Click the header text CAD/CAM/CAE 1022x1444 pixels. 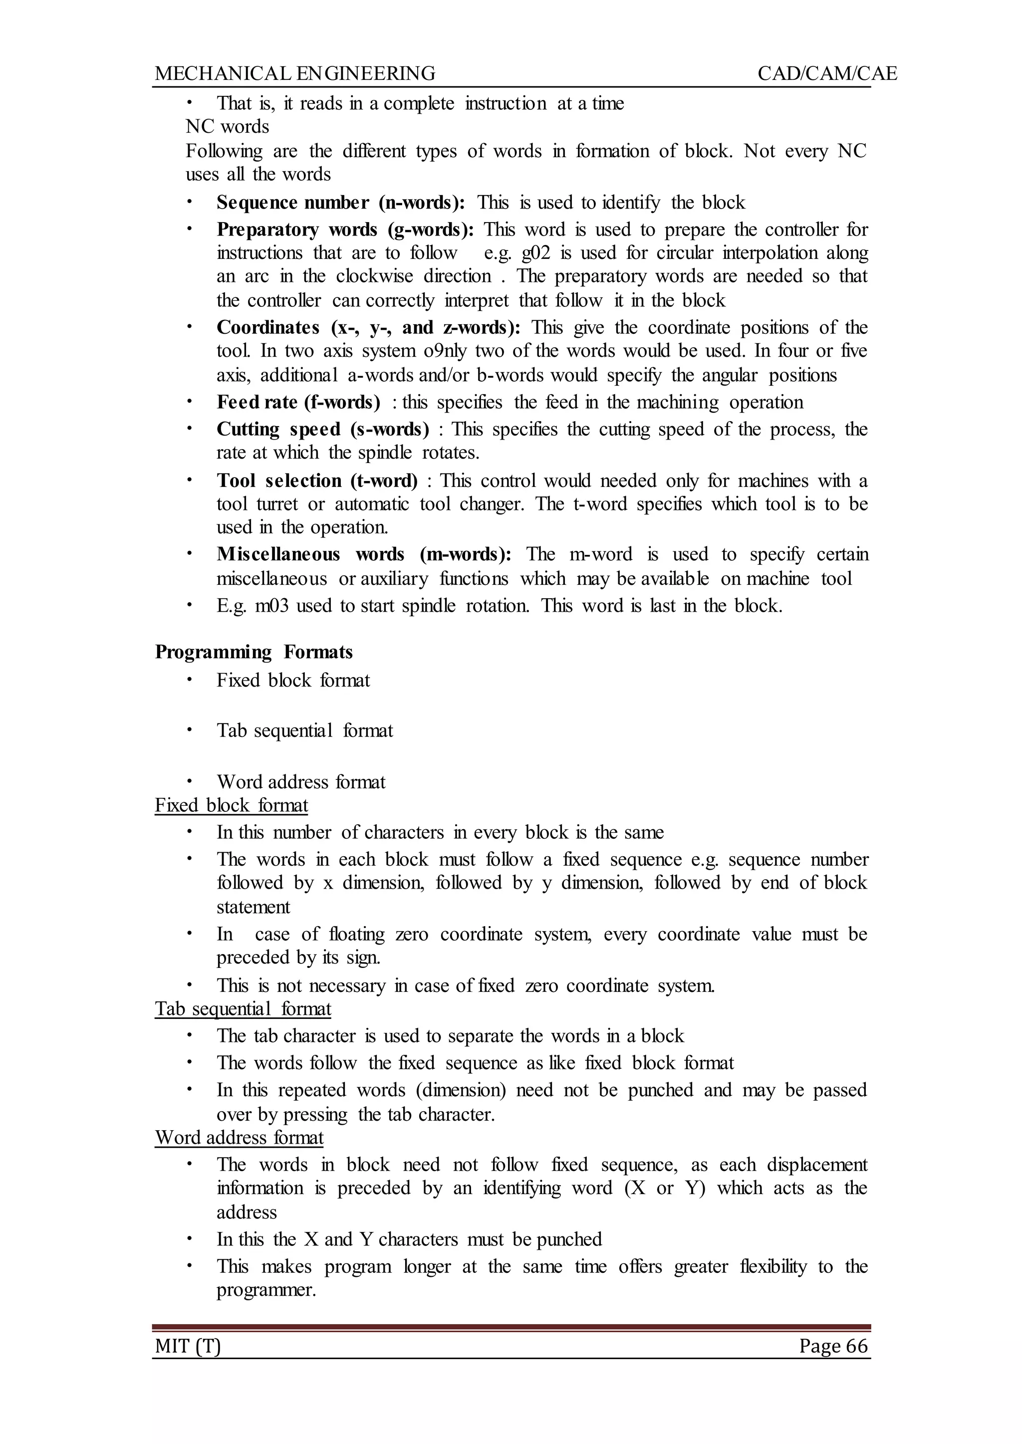point(827,74)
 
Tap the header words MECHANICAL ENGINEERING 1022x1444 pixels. point(295,74)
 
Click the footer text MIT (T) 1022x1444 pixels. point(188,1346)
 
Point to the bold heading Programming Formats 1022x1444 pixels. point(254,652)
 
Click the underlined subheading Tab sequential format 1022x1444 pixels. point(243,1008)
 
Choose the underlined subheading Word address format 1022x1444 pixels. point(239,1137)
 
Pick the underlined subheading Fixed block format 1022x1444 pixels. point(232,805)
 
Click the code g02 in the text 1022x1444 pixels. point(536,253)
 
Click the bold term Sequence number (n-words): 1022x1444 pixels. point(341,203)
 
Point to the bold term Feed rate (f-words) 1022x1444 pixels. point(298,402)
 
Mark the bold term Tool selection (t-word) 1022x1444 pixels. point(317,481)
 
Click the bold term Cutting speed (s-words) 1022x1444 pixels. point(323,429)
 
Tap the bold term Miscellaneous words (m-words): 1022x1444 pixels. point(364,554)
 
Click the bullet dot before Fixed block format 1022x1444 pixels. point(188,680)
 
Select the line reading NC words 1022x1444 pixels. point(227,126)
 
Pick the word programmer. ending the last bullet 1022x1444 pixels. point(266,1290)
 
